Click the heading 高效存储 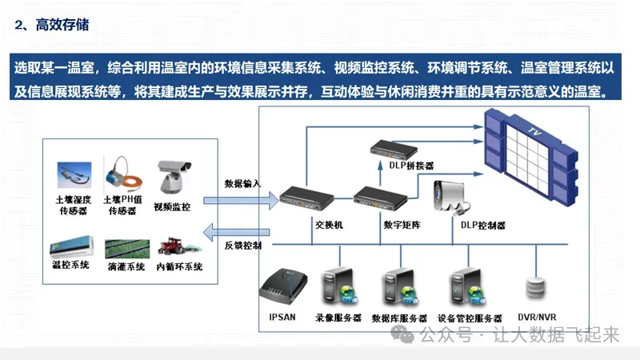tap(62, 25)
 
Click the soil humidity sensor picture tap(74, 175)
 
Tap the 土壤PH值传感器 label tap(122, 205)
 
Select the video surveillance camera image tap(174, 176)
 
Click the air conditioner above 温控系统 tap(71, 246)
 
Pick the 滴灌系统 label tap(126, 266)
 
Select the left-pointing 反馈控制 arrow tap(236, 233)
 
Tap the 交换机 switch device tap(306, 198)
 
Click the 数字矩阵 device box tap(381, 198)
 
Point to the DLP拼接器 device tap(394, 150)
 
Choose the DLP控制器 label tap(483, 226)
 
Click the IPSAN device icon tap(283, 286)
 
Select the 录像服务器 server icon tap(339, 287)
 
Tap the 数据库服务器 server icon tap(401, 288)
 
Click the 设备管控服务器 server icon tap(469, 288)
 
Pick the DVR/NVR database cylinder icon tap(535, 288)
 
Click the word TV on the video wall tap(535, 131)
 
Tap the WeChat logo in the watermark tap(402, 334)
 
